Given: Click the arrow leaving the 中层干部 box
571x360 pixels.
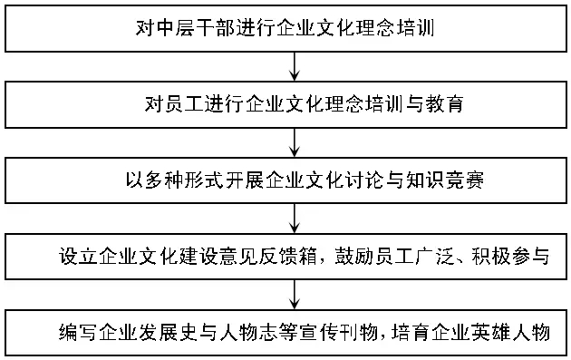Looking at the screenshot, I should pyautogui.click(x=295, y=66).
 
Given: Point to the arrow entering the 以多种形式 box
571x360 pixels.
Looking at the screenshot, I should pyautogui.click(x=295, y=141).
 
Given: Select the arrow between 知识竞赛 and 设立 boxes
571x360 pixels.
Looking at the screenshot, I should pyautogui.click(x=295, y=218).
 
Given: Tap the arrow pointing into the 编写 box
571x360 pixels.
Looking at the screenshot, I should pyautogui.click(x=295, y=293).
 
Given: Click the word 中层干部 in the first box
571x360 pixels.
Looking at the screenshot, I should pyautogui.click(x=199, y=29).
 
